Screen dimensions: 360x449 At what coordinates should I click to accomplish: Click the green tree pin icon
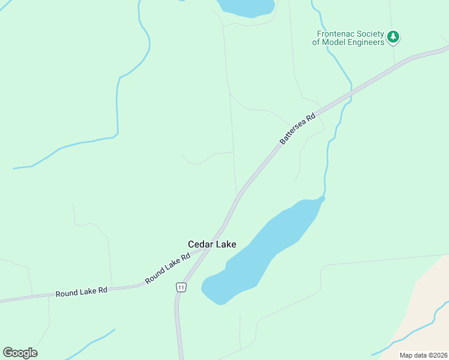[393, 37]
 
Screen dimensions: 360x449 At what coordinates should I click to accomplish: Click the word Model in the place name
[335, 42]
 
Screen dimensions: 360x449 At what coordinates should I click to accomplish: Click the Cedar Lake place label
[212, 244]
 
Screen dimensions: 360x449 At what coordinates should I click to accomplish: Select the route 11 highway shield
[181, 288]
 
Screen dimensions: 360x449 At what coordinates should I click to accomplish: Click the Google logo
[20, 353]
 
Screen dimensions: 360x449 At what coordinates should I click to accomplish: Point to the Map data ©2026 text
[423, 355]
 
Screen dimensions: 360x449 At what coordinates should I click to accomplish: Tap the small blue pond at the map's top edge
[246, 7]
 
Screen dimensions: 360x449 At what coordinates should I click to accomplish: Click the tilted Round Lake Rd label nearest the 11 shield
[167, 268]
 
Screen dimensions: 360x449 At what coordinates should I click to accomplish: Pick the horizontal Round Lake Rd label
[81, 292]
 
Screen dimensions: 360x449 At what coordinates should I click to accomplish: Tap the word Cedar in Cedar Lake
[200, 244]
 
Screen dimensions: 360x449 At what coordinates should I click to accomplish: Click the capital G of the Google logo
[8, 353]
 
